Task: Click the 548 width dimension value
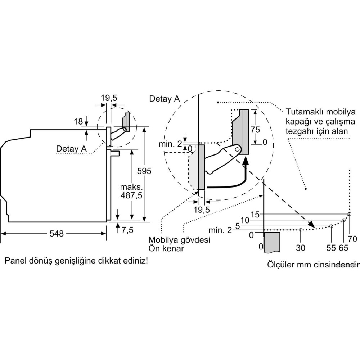pyautogui.click(x=57, y=234)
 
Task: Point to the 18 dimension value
pyautogui.click(x=79, y=121)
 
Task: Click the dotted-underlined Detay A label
pyautogui.click(x=71, y=148)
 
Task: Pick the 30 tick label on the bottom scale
pyautogui.click(x=301, y=248)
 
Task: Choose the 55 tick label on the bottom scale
pyautogui.click(x=331, y=248)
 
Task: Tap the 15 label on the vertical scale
pyautogui.click(x=255, y=215)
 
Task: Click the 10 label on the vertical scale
pyautogui.click(x=245, y=220)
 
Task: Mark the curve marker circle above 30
pyautogui.click(x=301, y=229)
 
